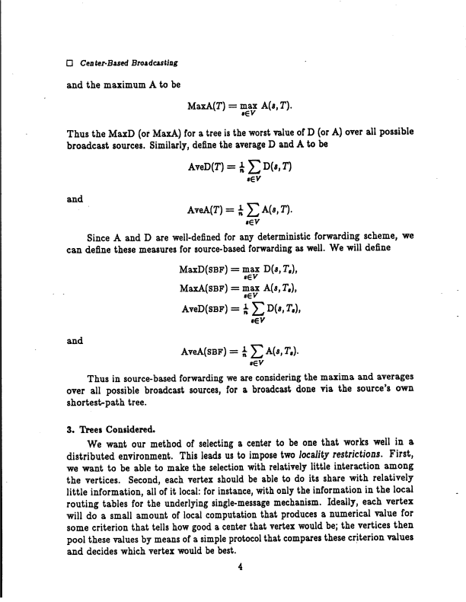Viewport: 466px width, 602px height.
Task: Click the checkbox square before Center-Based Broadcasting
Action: pyautogui.click(x=70, y=62)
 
